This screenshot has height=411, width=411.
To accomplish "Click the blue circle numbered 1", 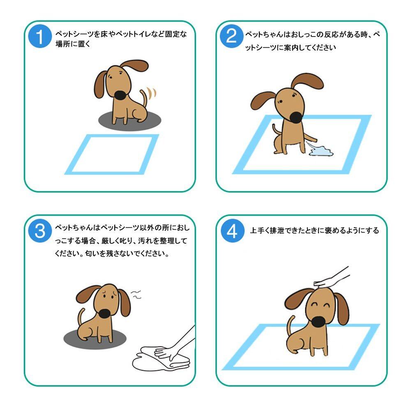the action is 40,36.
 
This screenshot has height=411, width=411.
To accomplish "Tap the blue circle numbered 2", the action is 232,36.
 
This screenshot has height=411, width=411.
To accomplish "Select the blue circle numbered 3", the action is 40,231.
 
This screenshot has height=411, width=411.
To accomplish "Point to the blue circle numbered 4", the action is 232,231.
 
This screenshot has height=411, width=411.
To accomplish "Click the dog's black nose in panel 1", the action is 121,95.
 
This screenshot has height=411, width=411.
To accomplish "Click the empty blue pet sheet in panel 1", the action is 112,154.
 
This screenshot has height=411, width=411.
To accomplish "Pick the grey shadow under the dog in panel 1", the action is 130,120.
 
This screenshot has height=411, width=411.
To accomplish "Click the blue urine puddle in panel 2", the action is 321,151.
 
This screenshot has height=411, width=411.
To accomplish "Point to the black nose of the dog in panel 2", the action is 296,117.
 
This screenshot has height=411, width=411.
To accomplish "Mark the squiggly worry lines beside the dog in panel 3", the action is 136,295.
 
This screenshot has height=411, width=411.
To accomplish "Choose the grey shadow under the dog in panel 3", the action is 95,339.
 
